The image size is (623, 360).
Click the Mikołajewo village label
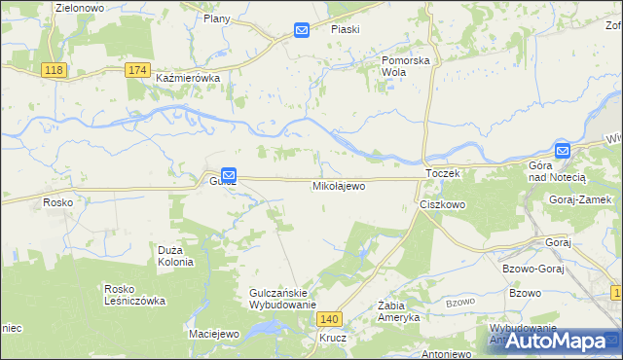339,185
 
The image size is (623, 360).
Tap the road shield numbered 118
55,70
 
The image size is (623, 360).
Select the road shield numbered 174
138,70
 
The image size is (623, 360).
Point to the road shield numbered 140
331,319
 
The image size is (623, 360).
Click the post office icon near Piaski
302,31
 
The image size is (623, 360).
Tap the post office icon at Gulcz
228,173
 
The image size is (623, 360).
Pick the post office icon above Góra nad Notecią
563,151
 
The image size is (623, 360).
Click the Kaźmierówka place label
189,78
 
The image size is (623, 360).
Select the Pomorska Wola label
405,65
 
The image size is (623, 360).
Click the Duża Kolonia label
176,256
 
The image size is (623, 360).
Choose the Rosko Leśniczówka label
134,295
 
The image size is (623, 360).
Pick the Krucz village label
332,339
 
